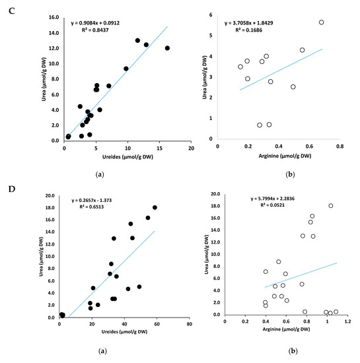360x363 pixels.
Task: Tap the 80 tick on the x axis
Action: tap(190, 324)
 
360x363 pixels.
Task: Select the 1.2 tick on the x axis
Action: tap(347, 323)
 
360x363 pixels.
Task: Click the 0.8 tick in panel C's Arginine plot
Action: tap(340, 147)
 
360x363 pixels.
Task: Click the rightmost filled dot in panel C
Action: tap(167, 48)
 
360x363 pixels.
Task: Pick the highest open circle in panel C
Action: tap(322, 22)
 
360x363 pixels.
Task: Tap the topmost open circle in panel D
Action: tap(331, 206)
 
